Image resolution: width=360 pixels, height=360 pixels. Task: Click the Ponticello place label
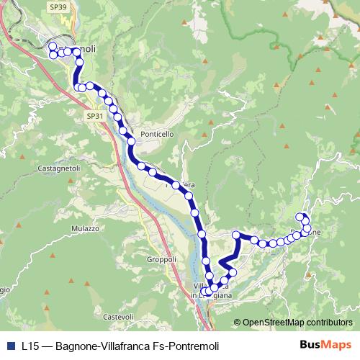158,134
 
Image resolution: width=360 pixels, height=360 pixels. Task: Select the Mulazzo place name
84,228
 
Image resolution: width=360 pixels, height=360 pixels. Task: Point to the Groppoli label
161,259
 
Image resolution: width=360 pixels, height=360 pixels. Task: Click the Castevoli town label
119,317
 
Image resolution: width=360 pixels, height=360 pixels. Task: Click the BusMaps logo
325,345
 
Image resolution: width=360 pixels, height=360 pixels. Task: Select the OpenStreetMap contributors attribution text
298,322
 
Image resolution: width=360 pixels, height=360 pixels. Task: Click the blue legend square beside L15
9,346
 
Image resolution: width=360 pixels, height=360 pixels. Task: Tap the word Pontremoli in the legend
193,346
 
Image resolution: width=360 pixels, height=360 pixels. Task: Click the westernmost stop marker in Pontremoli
52,55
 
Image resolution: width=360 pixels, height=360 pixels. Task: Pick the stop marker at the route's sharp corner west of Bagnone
236,235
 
